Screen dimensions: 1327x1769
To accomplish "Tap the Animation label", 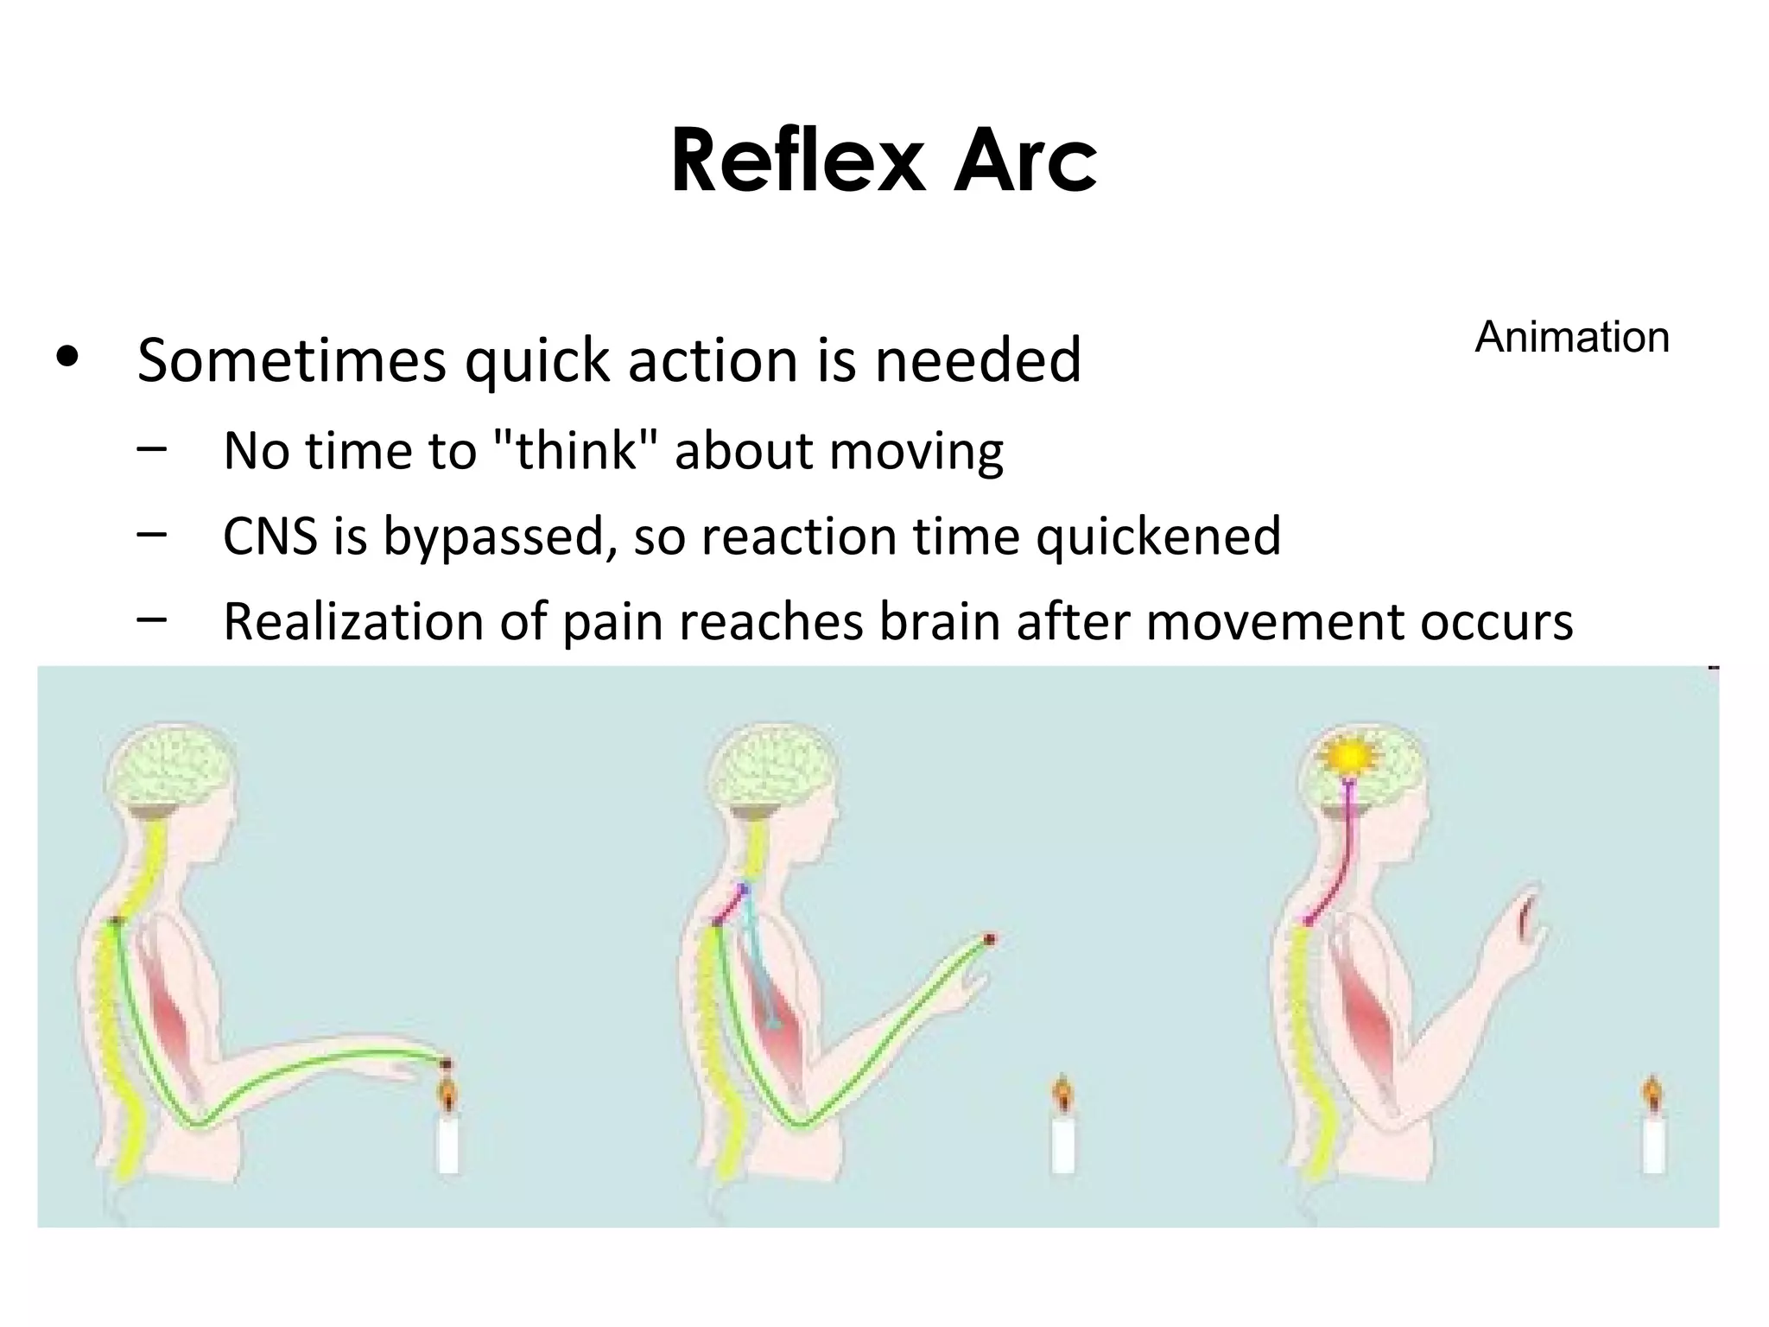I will coord(1571,337).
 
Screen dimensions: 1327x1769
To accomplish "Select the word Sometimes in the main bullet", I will coord(292,359).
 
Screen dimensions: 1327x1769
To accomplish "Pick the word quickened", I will coord(1157,536).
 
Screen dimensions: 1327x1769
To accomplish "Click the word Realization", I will coord(352,621).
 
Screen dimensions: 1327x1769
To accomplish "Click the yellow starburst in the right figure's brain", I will coord(1348,757).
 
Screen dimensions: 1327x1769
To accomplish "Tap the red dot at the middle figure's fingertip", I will coord(990,938).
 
